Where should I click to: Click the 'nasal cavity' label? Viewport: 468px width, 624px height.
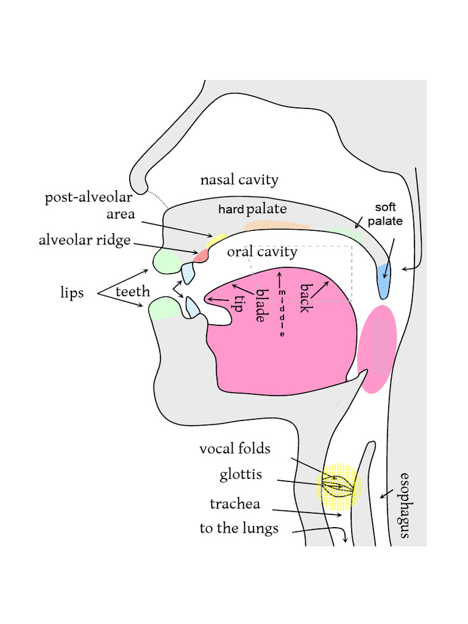[x=239, y=180]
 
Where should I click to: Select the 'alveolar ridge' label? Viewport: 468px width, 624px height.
[x=85, y=240]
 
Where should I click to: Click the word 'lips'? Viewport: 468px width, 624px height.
[x=73, y=293]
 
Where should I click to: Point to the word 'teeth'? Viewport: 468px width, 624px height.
[x=132, y=292]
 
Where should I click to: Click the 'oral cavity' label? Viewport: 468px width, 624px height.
[x=262, y=252]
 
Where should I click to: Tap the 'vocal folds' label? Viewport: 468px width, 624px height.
[x=235, y=449]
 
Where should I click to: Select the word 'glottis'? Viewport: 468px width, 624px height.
[x=241, y=475]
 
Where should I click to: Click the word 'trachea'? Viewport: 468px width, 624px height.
[x=235, y=504]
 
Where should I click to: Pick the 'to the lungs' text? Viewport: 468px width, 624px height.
[x=239, y=528]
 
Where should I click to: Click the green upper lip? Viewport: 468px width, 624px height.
[x=167, y=261]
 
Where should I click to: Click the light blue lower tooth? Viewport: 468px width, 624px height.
[x=193, y=307]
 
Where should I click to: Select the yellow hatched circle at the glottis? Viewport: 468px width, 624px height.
[x=339, y=486]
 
